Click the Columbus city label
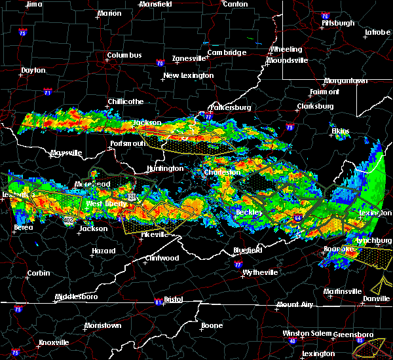pos(125,55)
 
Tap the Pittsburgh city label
pos(337,23)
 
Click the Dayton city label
pos(33,70)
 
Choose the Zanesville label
pos(189,58)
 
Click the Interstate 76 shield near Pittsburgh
pos(325,14)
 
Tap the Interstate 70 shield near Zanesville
pos(159,63)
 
